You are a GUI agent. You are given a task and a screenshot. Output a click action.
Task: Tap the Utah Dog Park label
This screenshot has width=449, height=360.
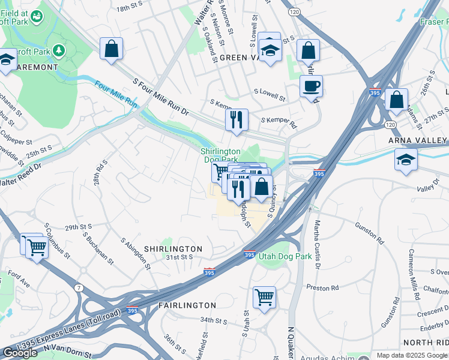[285, 256]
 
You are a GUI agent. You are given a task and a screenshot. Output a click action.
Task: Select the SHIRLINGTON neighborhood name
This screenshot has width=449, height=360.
[173, 248]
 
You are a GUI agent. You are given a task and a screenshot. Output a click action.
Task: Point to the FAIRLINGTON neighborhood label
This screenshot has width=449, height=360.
[187, 305]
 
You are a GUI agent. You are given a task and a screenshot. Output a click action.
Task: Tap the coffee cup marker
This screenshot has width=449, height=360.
[311, 86]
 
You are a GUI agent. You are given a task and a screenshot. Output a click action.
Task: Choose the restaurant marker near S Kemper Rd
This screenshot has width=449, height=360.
[237, 120]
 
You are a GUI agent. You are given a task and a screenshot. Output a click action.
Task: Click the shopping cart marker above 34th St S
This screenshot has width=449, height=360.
[264, 298]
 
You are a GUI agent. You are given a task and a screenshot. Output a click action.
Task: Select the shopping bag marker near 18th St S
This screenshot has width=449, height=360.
[112, 49]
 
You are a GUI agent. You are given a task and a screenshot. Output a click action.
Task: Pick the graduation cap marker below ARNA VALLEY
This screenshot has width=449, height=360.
[406, 160]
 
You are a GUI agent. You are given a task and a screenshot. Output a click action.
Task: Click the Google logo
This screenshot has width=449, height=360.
[20, 353]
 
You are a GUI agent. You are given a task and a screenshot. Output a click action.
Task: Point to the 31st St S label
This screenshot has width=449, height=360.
[179, 257]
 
